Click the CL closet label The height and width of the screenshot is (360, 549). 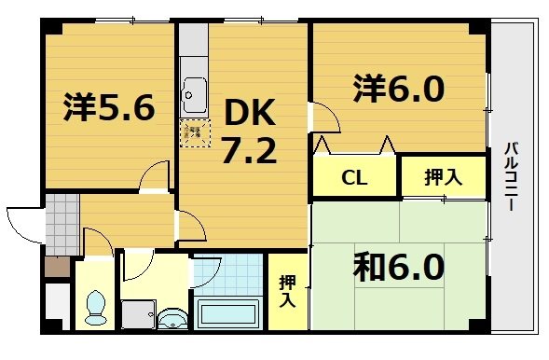point(353,177)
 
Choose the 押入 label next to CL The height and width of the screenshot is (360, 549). point(443,177)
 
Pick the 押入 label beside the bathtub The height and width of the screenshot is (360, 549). point(287,291)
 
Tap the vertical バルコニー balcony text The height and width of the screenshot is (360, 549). point(512,177)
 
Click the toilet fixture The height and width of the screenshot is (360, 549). point(94,306)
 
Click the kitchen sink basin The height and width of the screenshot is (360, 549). point(196,94)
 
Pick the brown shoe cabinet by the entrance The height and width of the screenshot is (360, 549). point(57,267)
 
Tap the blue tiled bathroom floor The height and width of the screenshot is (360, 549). point(228,274)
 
